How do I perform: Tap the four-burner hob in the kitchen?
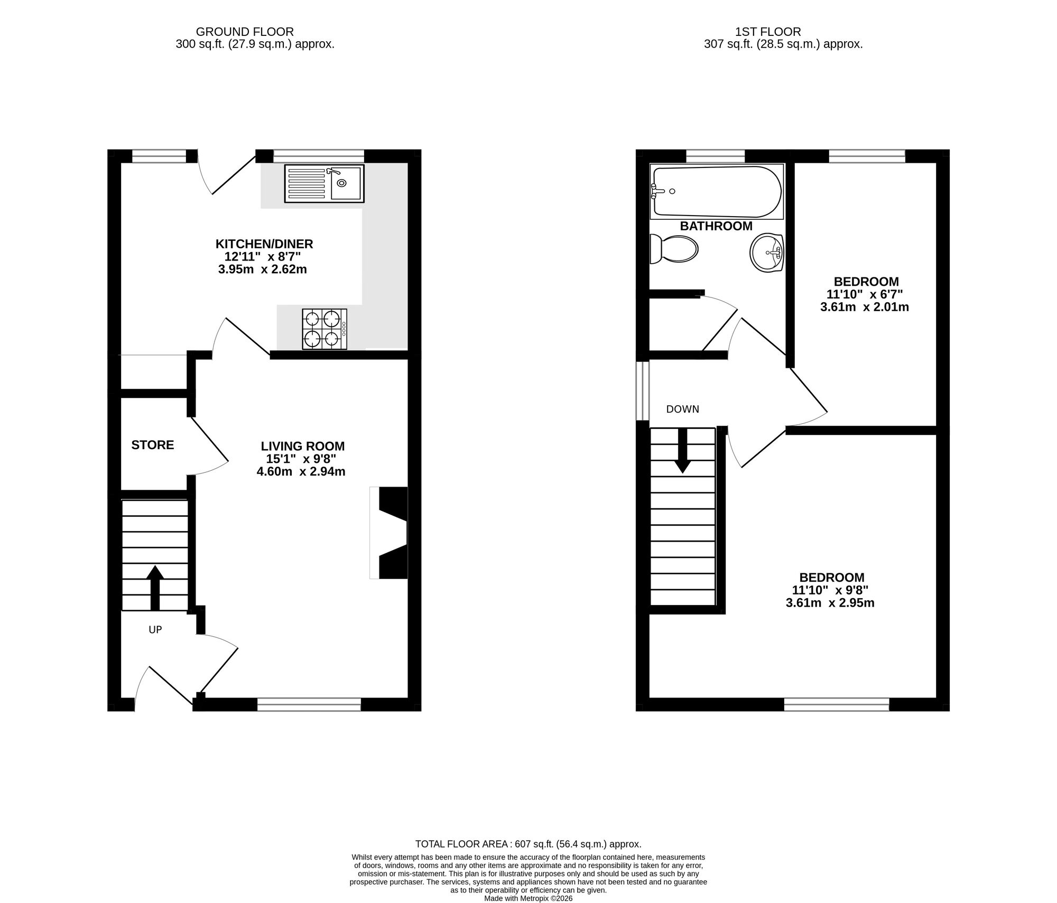[x=324, y=329]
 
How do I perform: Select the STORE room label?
[x=152, y=445]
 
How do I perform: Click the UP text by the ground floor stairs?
[x=155, y=630]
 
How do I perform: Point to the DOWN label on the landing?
[x=682, y=409]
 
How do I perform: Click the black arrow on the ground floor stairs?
[x=155, y=588]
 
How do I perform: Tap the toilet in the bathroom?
[x=673, y=249]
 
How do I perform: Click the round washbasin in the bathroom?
[x=767, y=253]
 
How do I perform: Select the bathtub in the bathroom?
[x=717, y=191]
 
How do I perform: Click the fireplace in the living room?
[x=390, y=533]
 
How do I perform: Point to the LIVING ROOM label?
[x=302, y=446]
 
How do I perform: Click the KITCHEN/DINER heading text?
[x=264, y=244]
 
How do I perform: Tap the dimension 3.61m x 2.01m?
[x=864, y=307]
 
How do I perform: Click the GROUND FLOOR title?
[x=245, y=32]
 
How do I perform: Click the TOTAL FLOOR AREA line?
[x=528, y=844]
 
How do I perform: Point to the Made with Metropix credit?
[x=528, y=898]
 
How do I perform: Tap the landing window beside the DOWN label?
[x=642, y=391]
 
